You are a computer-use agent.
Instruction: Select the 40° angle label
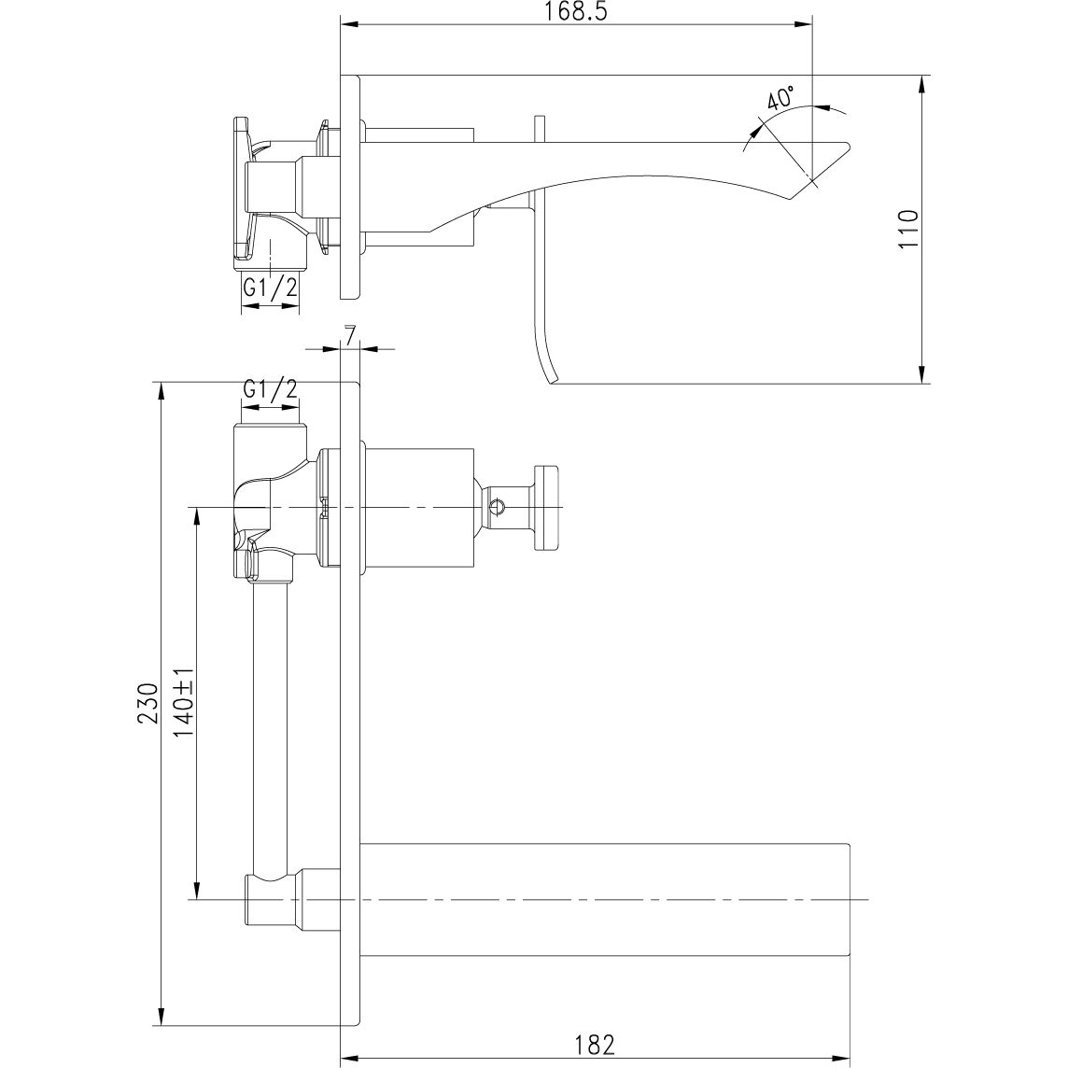point(780,99)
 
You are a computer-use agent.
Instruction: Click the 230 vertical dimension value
point(147,703)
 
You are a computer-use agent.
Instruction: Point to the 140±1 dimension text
point(183,702)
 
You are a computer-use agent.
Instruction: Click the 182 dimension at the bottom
point(595,1042)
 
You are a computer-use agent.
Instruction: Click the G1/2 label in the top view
point(270,288)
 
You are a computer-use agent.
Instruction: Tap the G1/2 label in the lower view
point(270,389)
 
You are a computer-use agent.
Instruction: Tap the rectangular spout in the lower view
point(607,899)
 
